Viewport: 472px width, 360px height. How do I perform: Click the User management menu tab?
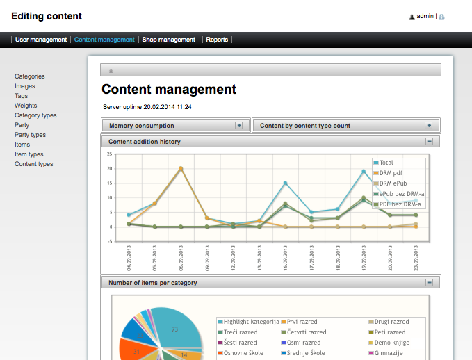point(41,40)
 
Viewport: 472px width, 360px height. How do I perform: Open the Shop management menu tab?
point(168,40)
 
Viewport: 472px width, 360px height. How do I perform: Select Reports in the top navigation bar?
point(217,40)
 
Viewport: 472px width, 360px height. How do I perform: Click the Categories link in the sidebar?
point(30,76)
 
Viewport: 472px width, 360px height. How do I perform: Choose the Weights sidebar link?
point(26,106)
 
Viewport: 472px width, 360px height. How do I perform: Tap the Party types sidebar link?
point(31,135)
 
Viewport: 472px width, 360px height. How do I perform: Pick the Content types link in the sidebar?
point(34,164)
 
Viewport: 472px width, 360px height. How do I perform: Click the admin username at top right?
point(425,16)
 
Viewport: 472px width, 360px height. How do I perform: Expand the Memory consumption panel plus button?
point(238,126)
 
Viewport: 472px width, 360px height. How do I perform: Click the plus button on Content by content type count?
point(429,126)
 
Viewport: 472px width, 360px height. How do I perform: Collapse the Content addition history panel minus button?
point(429,142)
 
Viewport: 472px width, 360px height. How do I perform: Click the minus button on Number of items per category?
point(429,283)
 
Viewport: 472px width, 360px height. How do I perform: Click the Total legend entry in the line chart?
point(386,163)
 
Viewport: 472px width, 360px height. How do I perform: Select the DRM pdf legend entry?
point(391,173)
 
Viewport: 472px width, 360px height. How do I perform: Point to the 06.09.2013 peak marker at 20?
point(181,168)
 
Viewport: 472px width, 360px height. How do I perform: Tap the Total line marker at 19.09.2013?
point(364,171)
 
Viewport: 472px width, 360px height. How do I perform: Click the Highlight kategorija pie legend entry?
point(250,322)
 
